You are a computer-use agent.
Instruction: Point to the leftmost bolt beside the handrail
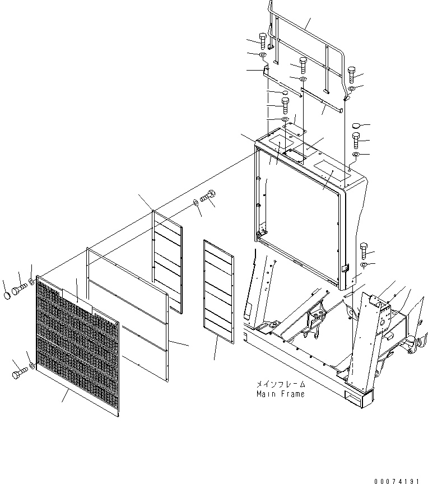[263, 40]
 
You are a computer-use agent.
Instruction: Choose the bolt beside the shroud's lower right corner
[362, 249]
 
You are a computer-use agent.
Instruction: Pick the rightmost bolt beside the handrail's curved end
[352, 72]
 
